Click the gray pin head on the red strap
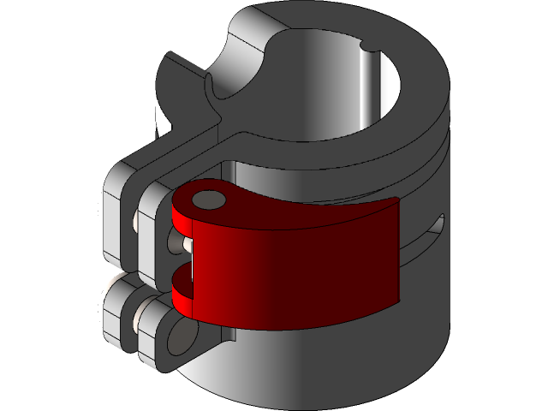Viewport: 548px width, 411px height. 207,200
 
